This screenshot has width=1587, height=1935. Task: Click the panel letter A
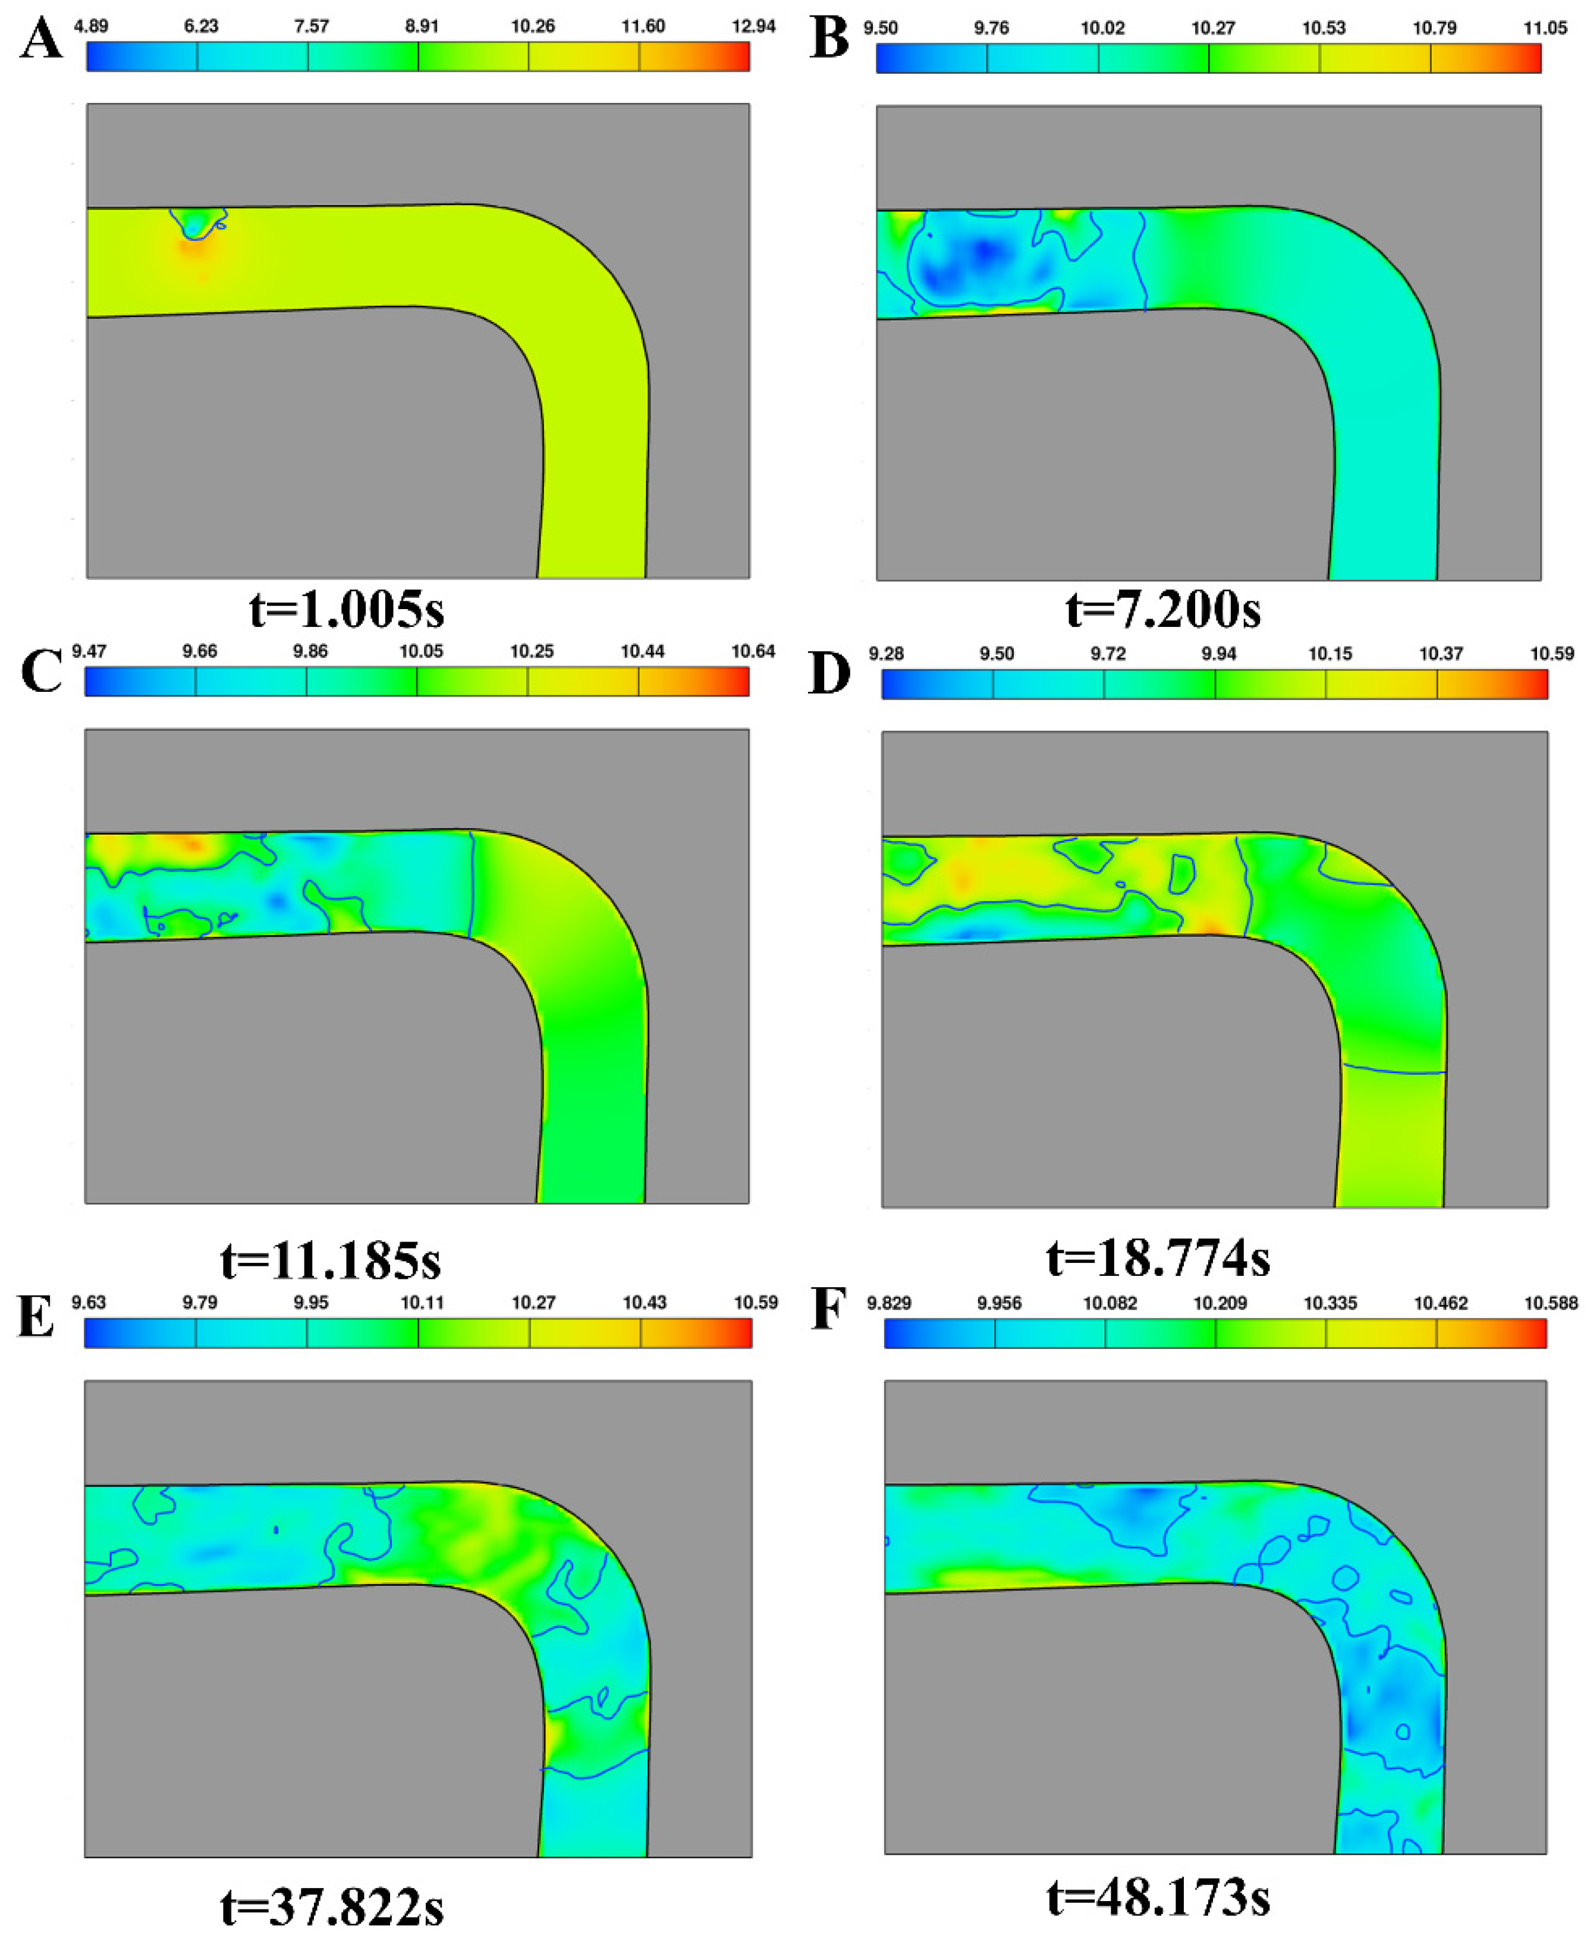(x=41, y=41)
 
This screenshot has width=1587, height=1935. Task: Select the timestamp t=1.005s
(x=347, y=610)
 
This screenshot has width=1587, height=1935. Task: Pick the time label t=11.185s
(x=331, y=1261)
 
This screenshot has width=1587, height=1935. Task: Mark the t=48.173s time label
(x=1158, y=1899)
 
